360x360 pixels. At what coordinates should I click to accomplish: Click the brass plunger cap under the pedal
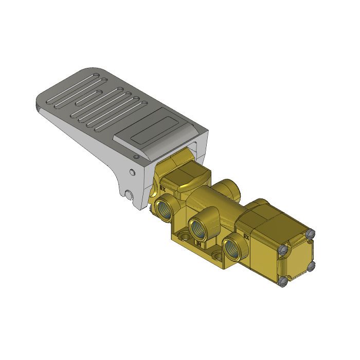point(190,177)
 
